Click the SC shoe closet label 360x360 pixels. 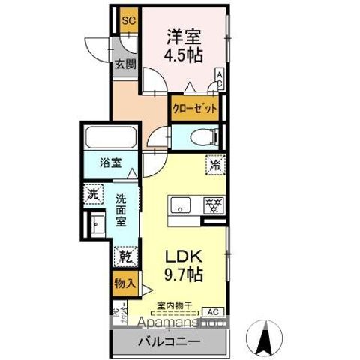pyautogui.click(x=127, y=20)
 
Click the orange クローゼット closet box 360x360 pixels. pyautogui.click(x=195, y=108)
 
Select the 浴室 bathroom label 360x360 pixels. pyautogui.click(x=110, y=164)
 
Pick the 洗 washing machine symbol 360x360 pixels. pyautogui.click(x=93, y=193)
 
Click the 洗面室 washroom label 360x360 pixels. pyautogui.click(x=121, y=211)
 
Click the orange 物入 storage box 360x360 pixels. pyautogui.click(x=124, y=283)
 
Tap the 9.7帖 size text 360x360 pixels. pyautogui.click(x=182, y=275)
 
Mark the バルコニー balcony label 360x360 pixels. pyautogui.click(x=168, y=343)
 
